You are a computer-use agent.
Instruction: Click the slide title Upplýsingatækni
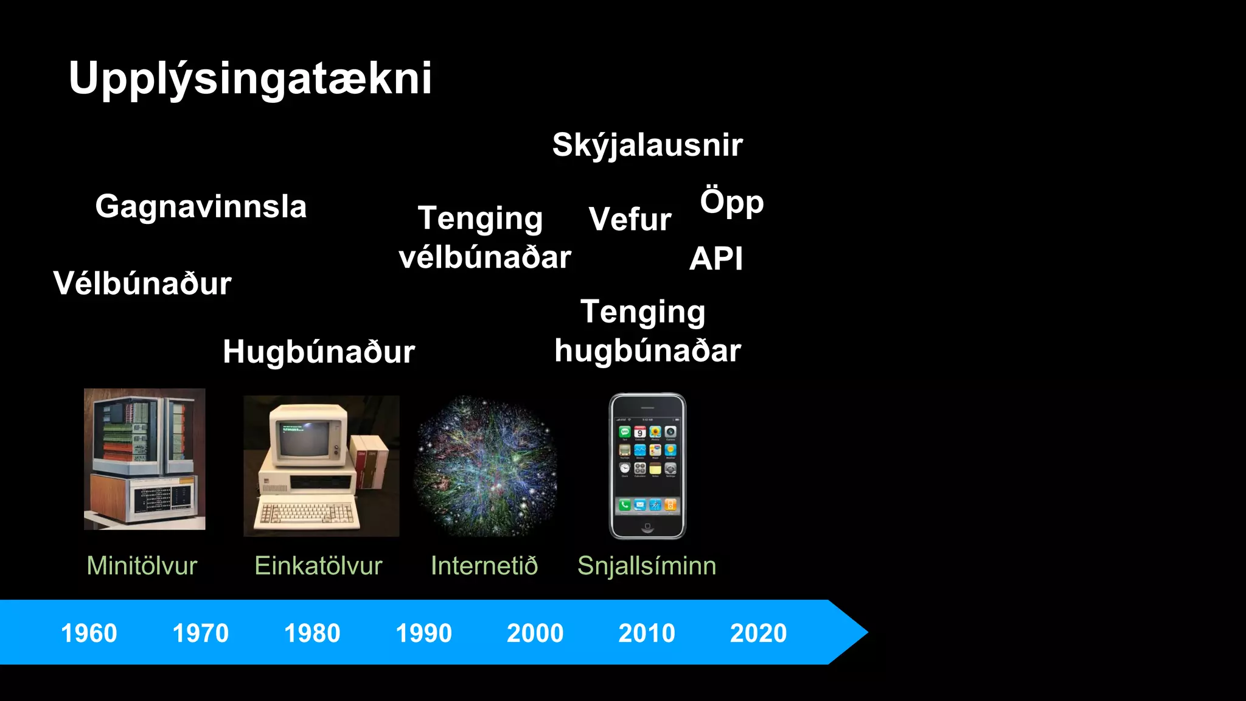click(x=250, y=78)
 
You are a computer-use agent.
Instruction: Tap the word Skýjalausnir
click(x=647, y=145)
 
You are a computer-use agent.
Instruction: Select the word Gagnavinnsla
click(x=201, y=207)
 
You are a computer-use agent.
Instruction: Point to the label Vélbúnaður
click(x=142, y=284)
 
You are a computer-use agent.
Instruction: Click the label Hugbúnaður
click(x=319, y=352)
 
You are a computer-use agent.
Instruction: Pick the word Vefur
click(x=630, y=219)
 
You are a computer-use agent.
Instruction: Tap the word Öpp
click(x=731, y=203)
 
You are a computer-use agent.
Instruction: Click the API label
click(x=715, y=259)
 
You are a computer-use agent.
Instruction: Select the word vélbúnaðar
click(x=485, y=257)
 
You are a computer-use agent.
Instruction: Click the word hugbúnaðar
click(x=647, y=351)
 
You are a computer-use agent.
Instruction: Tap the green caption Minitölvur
click(x=142, y=566)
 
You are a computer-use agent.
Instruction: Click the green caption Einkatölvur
click(x=318, y=566)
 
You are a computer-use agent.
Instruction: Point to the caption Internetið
click(x=484, y=566)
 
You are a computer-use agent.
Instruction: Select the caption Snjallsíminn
click(x=647, y=566)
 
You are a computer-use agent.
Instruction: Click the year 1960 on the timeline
click(x=89, y=633)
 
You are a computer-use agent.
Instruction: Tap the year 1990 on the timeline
click(x=423, y=633)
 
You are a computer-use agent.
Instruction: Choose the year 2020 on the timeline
click(x=758, y=633)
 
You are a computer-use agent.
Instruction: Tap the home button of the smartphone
click(x=647, y=526)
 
